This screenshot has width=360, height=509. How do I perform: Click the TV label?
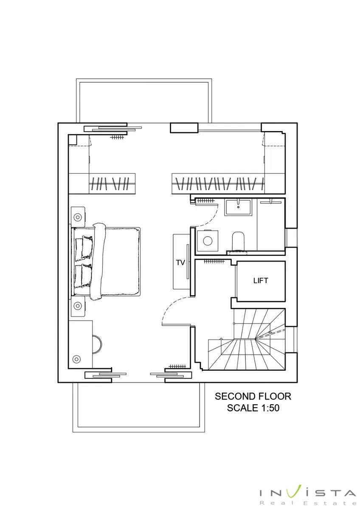click(180, 263)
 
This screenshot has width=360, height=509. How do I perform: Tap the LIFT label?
click(261, 281)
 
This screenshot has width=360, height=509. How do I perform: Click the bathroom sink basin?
click(238, 207)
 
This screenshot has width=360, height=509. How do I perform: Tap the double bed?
click(106, 261)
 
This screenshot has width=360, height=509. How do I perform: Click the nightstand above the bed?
click(78, 217)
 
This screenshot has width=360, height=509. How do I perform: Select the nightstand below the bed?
click(78, 306)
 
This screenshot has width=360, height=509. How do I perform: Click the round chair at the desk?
click(98, 344)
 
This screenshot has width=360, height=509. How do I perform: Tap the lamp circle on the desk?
click(76, 359)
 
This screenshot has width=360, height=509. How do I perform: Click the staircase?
click(247, 339)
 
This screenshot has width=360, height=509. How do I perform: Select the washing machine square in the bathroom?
click(208, 241)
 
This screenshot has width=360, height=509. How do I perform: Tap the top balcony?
click(144, 101)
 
